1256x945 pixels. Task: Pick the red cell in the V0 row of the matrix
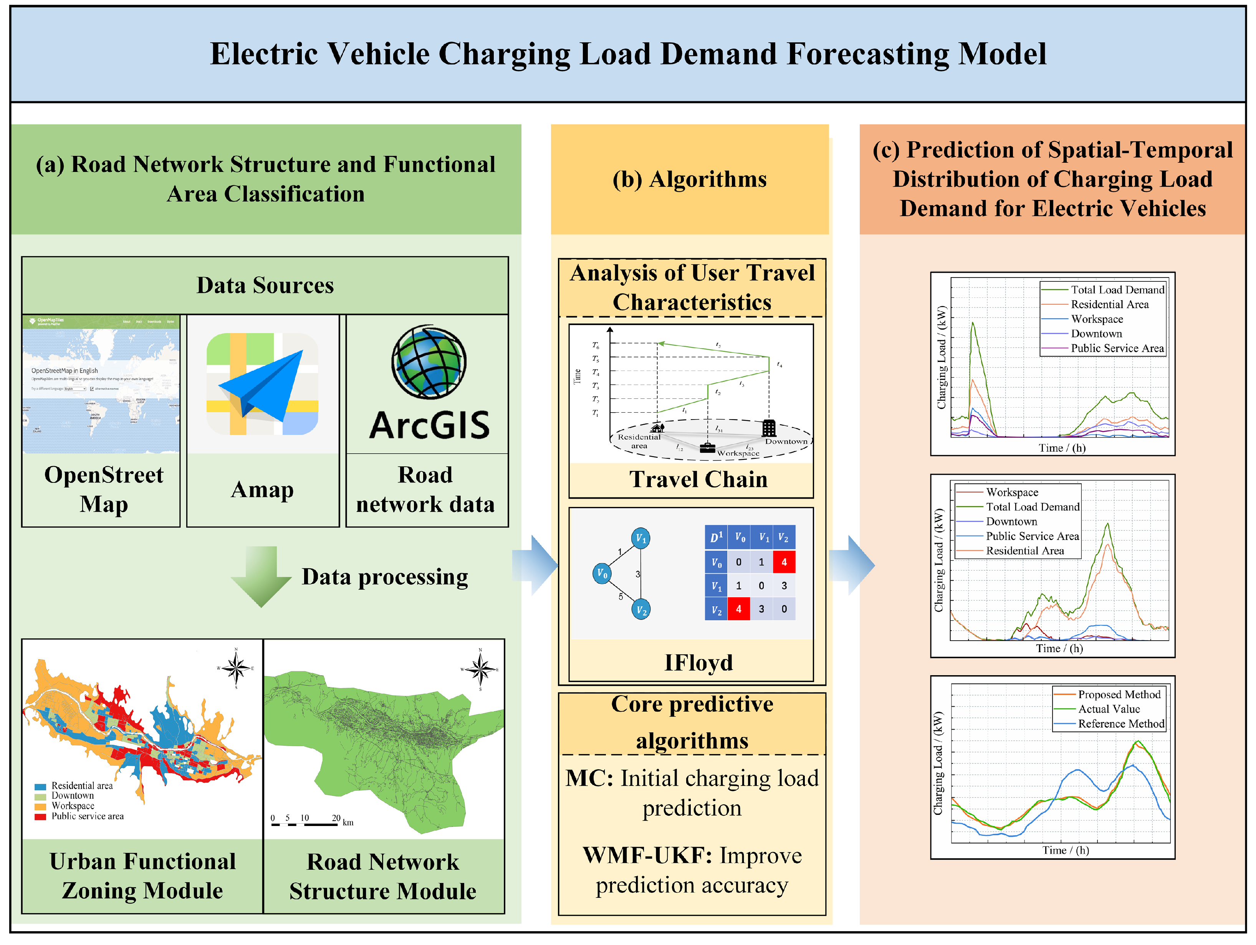click(x=784, y=562)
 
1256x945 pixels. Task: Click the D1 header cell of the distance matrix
click(x=716, y=537)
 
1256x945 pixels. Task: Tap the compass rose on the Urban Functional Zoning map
click(x=236, y=667)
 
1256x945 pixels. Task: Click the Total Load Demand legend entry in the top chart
click(x=1116, y=289)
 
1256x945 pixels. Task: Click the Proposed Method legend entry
click(x=1119, y=694)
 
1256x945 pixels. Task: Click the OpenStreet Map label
click(x=104, y=489)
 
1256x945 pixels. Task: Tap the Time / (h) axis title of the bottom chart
click(x=1065, y=850)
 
